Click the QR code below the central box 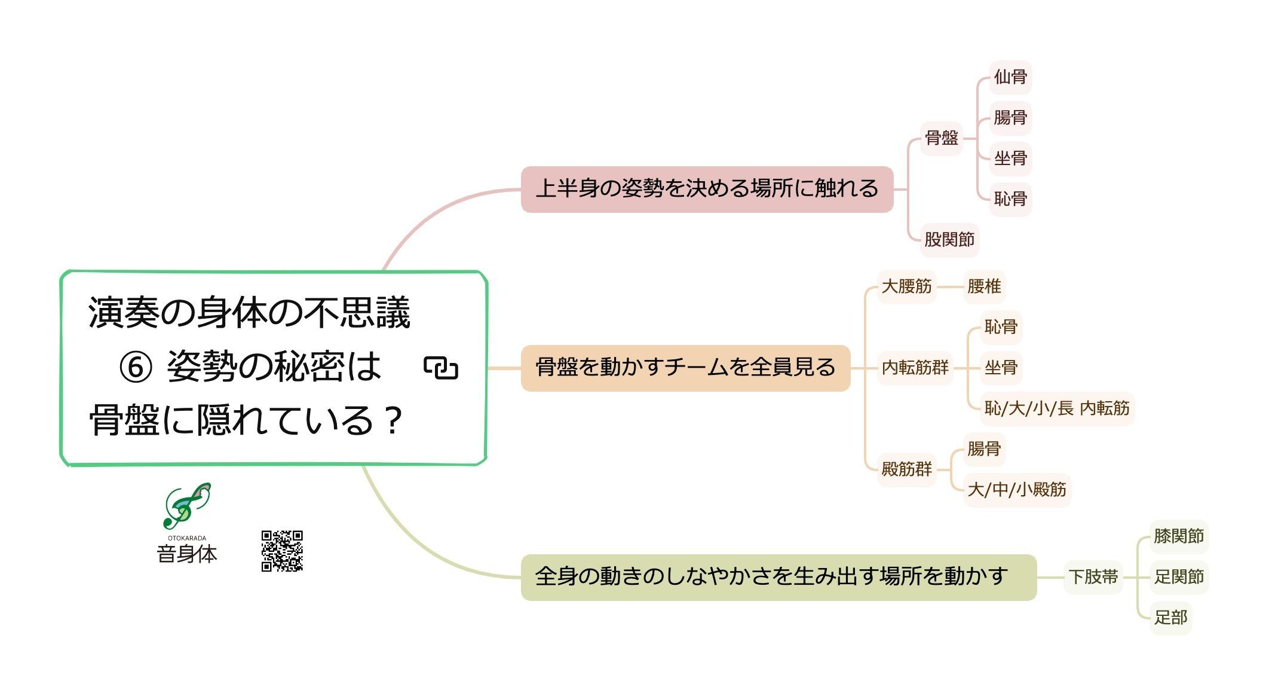click(x=282, y=551)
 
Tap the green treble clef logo click(x=186, y=505)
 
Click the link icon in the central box click(x=441, y=368)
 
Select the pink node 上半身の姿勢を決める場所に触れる click(x=707, y=189)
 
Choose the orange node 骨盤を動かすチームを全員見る click(x=685, y=368)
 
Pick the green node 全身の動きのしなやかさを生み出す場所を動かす click(x=778, y=577)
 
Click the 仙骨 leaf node click(x=1010, y=77)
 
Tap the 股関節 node click(x=949, y=240)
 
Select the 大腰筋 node click(x=906, y=286)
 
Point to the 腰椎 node click(x=983, y=286)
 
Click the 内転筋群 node click(x=915, y=368)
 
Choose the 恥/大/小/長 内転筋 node click(x=1056, y=408)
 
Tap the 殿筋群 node click(x=906, y=469)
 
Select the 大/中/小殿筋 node click(x=1016, y=490)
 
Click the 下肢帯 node click(x=1093, y=577)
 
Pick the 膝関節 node click(x=1178, y=536)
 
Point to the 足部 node click(x=1170, y=618)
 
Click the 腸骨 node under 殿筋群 click(x=983, y=449)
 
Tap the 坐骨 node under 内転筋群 click(x=1001, y=368)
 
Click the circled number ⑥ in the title click(x=136, y=367)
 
